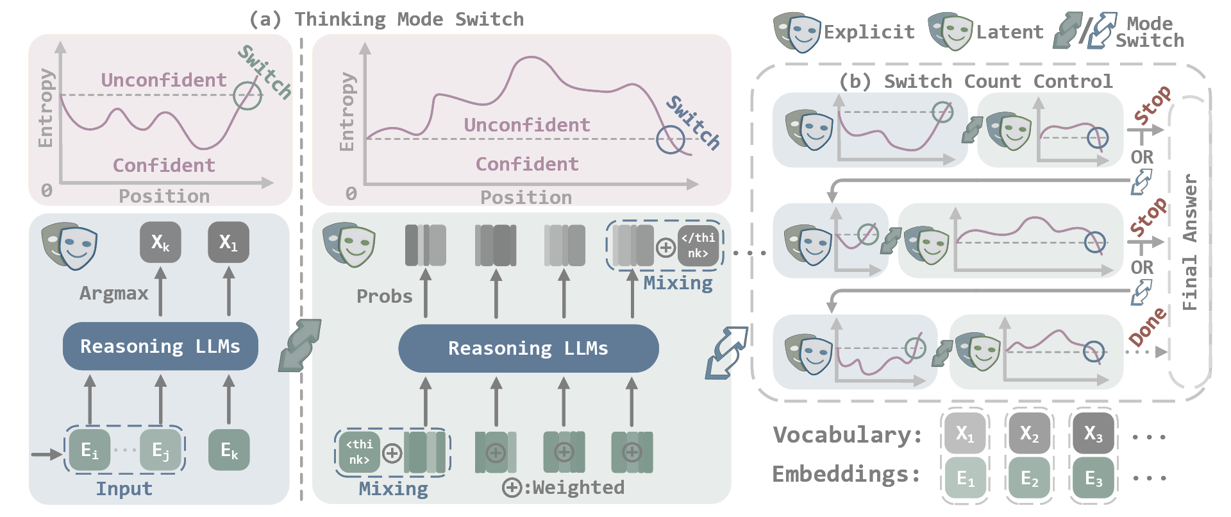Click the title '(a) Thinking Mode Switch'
coord(387,19)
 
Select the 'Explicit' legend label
coord(869,32)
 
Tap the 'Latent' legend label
coord(1010,32)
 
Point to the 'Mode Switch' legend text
coord(1150,32)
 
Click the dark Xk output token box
coord(160,242)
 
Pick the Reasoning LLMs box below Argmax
coord(160,346)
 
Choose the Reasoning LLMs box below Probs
coord(528,348)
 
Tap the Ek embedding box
coord(229,450)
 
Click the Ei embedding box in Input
coord(90,450)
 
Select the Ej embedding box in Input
coord(160,450)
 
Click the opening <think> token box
coord(359,452)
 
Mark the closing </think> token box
coord(698,246)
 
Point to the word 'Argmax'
coord(114,294)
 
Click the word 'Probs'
coord(385,296)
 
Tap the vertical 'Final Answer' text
coord(1190,242)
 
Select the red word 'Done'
coord(1148,326)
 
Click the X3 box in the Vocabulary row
coord(1093,434)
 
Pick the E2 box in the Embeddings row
coord(1029,478)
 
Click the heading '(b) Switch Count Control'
coord(976,81)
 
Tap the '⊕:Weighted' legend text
coord(564,487)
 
